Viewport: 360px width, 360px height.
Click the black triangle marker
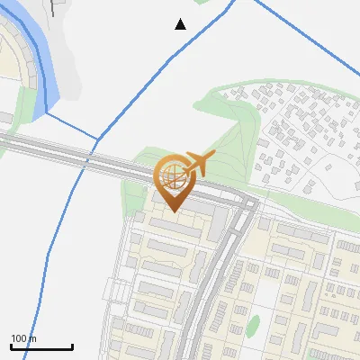[180, 24]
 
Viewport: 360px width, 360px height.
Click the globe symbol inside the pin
[172, 175]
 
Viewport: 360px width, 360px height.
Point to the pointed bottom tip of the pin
[173, 211]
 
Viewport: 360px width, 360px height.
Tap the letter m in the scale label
[32, 338]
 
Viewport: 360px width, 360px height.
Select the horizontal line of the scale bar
[41, 346]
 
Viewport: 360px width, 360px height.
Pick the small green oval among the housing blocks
[253, 325]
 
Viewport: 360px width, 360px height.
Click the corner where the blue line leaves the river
[46, 114]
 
